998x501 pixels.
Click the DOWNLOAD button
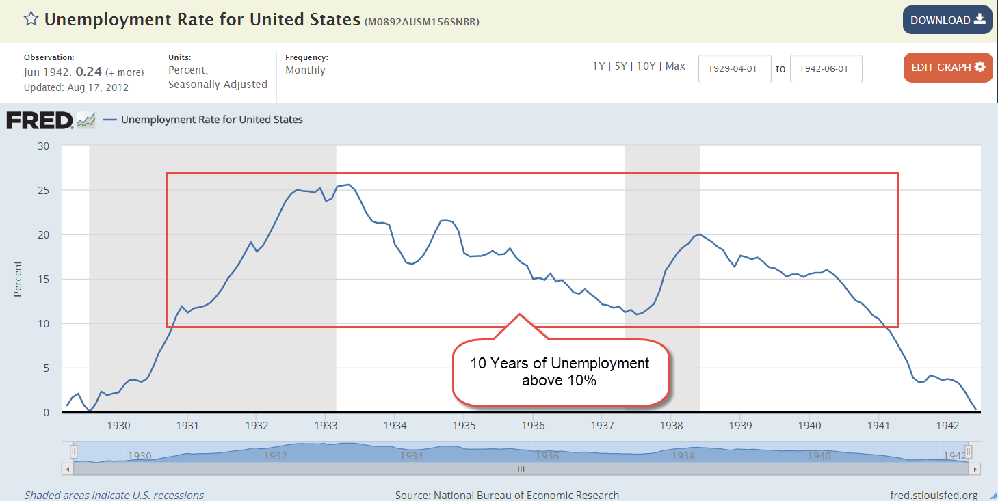[x=947, y=21]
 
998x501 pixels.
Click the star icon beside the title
[x=31, y=19]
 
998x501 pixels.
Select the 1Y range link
[x=599, y=66]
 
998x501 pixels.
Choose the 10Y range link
[x=646, y=66]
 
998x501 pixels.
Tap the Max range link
[x=675, y=66]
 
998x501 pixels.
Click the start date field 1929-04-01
[x=735, y=69]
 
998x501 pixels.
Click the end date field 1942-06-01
[x=826, y=69]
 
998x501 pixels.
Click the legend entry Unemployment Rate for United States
[x=211, y=120]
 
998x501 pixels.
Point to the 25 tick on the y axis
[x=44, y=190]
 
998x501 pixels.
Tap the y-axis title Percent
[x=18, y=279]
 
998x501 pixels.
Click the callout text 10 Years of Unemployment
[x=560, y=363]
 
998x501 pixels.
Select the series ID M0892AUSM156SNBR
[x=422, y=22]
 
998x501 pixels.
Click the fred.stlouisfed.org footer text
[x=934, y=495]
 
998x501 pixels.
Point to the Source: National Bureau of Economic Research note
[x=507, y=495]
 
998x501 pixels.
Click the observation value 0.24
[x=89, y=72]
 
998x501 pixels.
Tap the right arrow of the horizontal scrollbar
[x=975, y=470]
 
